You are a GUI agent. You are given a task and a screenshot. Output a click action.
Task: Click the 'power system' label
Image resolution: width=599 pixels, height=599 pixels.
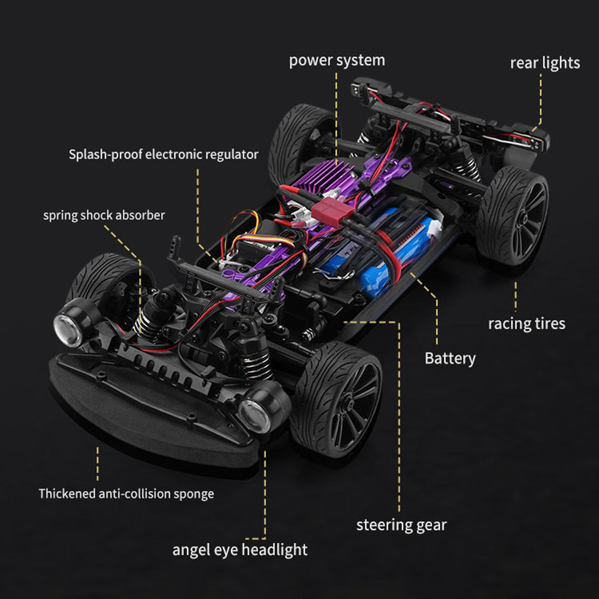[x=337, y=60]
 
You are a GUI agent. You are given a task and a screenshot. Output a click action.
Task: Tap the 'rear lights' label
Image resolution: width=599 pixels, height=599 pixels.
[x=545, y=63]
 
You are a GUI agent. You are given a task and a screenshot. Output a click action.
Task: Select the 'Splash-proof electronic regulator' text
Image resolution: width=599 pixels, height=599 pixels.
[x=164, y=154]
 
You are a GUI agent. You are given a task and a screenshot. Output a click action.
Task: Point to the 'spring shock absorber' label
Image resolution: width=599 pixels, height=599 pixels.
[x=104, y=216]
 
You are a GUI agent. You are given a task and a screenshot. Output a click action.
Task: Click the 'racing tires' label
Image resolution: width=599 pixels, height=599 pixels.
[x=527, y=324]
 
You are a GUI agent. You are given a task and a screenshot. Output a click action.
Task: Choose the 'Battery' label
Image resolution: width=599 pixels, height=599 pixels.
[x=450, y=358]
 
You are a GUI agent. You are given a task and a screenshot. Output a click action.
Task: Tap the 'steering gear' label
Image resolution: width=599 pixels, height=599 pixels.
[x=401, y=525]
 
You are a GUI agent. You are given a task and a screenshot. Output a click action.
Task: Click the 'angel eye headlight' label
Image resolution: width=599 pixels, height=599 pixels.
[x=240, y=550]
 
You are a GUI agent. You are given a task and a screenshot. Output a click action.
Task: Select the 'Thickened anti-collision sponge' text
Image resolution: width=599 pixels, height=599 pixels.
[x=126, y=494]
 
